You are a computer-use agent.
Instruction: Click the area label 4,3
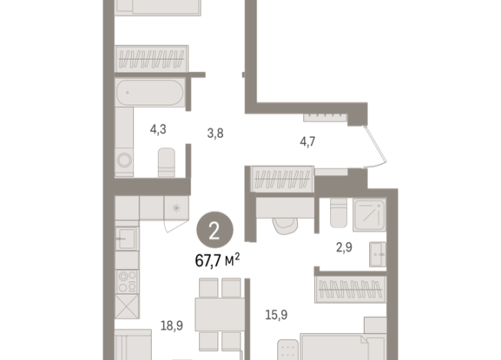coord(159,129)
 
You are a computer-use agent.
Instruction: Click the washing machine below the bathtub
coord(125,161)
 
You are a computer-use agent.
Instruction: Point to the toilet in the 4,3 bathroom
coord(167,163)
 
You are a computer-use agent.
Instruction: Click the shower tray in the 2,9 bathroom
coord(372,216)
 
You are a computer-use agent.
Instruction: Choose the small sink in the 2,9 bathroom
coord(378,254)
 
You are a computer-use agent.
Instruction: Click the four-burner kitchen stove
coord(127,280)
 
